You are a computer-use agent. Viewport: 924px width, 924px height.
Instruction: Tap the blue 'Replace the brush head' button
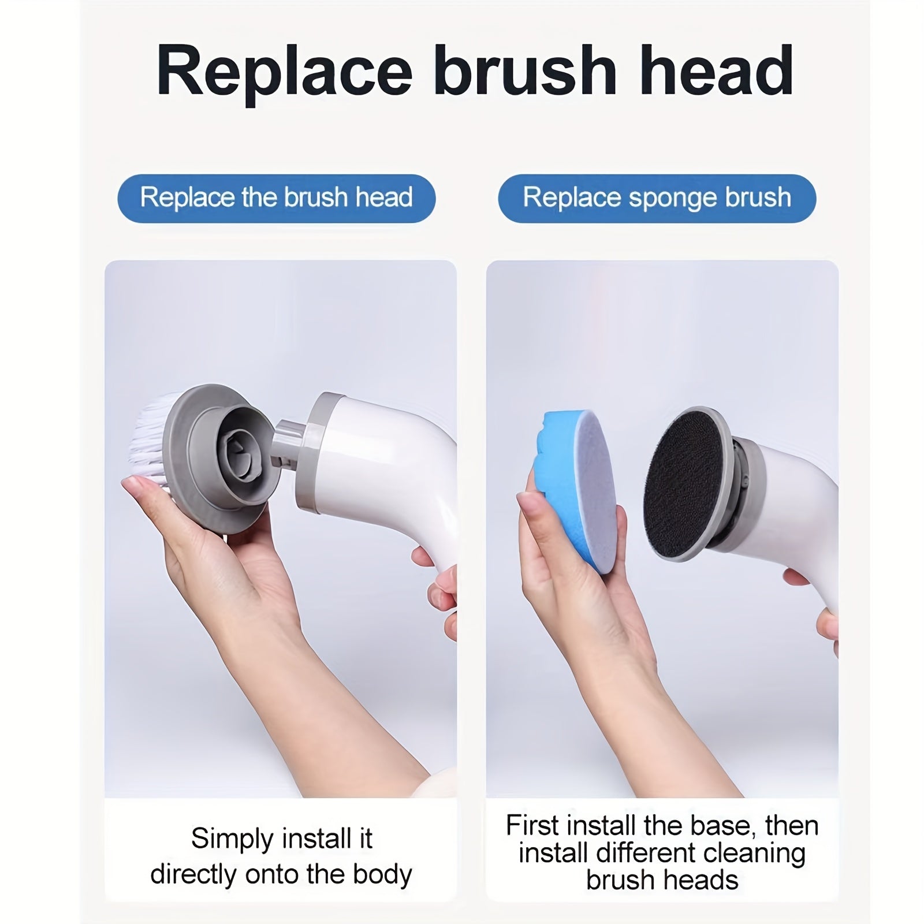point(276,198)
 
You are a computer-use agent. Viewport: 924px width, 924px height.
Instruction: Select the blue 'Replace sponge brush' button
point(657,198)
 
